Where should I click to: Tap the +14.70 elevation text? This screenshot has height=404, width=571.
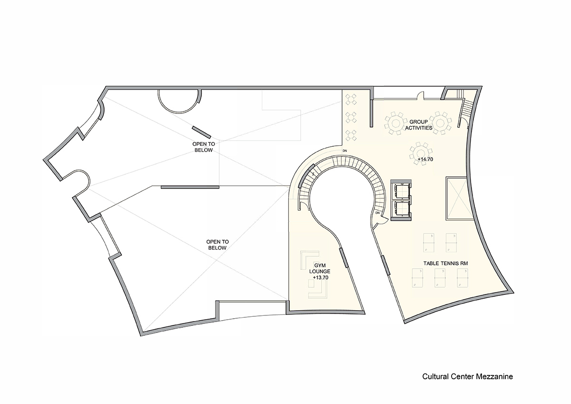click(x=424, y=159)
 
